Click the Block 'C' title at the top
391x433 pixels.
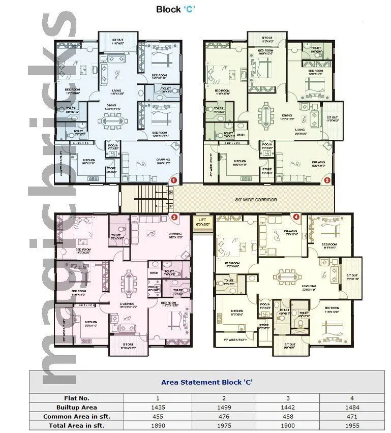point(175,9)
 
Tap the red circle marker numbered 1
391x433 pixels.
point(173,180)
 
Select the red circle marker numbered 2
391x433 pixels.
point(327,180)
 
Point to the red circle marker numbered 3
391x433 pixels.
point(174,218)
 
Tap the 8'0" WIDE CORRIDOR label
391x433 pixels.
point(257,200)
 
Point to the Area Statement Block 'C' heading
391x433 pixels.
point(207,382)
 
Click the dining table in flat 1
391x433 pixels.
point(117,120)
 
